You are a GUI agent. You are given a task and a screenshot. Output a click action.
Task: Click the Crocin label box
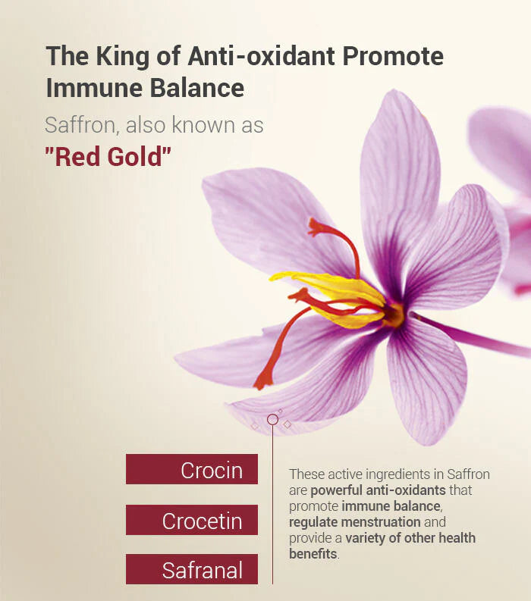192,469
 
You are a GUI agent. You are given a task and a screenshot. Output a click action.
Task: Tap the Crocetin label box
192,520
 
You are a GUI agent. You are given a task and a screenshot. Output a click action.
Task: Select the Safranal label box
192,569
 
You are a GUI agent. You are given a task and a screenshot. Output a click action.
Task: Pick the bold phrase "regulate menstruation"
354,522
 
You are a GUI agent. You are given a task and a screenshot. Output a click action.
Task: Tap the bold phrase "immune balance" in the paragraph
391,506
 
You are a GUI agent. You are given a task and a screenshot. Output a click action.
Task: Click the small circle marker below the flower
273,419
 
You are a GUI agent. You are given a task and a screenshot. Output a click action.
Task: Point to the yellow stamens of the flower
334,293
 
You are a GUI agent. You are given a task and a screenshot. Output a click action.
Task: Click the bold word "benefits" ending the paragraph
313,554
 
